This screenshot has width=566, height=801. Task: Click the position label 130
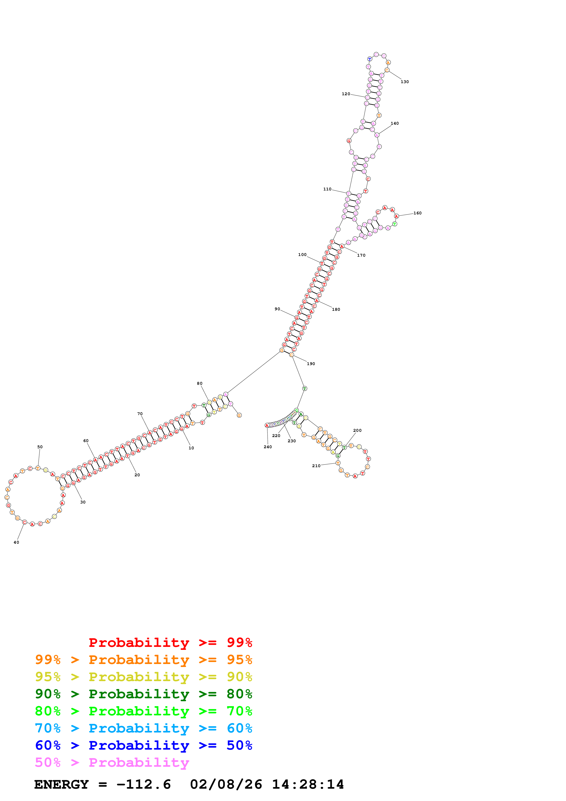pos(405,82)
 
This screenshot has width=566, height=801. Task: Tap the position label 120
pos(346,94)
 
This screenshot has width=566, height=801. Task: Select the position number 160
pos(417,213)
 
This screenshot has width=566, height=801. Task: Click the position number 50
pos(40,447)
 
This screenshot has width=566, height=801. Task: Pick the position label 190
pos(311,364)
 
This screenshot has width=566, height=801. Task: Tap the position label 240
pos(268,447)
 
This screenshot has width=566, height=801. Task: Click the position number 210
pos(316,466)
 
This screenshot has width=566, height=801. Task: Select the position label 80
pos(200,383)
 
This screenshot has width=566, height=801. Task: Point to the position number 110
pos(327,189)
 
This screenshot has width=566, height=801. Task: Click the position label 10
pos(191,448)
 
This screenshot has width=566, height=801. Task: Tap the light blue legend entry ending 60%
pos(143,728)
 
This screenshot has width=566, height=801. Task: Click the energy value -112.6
pos(143,784)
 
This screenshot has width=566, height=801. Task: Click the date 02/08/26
pos(226,784)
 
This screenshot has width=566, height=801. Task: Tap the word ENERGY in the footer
pos(61,784)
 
